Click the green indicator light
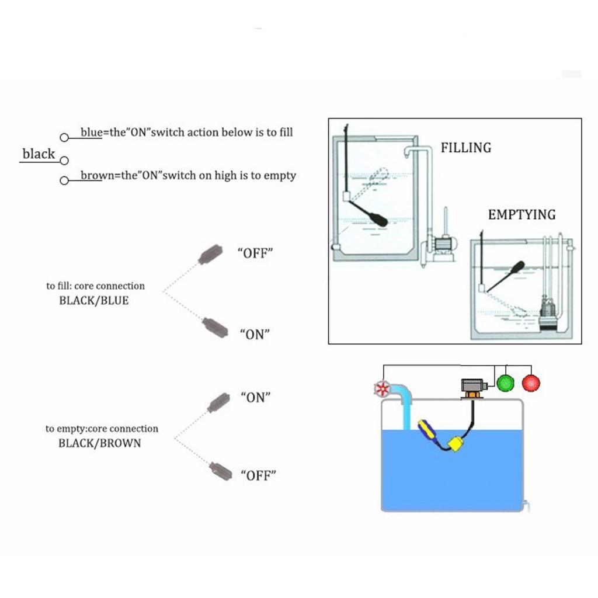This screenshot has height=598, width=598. coord(504,383)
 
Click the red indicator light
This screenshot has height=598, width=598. coord(531,383)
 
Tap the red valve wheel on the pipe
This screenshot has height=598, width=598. coord(382,389)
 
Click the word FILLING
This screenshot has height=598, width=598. coord(465,148)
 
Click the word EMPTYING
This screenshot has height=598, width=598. coord(521,215)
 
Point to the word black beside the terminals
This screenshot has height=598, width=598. coord(39,154)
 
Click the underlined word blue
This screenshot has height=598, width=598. coord(91,133)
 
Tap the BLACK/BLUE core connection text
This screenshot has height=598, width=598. coord(93,301)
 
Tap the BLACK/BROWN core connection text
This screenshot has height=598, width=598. coord(99,443)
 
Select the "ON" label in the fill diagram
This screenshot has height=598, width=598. coord(255,335)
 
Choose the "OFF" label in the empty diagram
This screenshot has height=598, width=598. coord(258,474)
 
